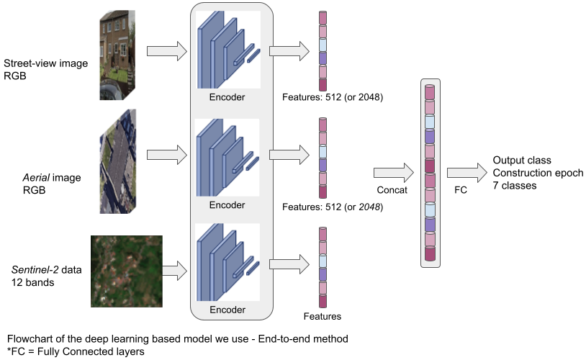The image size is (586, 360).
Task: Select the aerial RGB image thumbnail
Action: click(117, 161)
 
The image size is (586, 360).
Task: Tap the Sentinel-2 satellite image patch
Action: click(126, 271)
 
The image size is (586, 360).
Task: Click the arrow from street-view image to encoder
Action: click(166, 52)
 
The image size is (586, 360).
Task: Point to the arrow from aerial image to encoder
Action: click(166, 154)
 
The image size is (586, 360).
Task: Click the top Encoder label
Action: click(227, 96)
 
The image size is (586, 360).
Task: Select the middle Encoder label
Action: click(227, 204)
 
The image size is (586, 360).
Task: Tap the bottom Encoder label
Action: click(227, 310)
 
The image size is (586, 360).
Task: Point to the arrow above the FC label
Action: click(466, 173)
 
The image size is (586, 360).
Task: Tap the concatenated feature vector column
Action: click(430, 172)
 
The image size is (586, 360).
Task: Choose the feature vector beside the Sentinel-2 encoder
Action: click(323, 267)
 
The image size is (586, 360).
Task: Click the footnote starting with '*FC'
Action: click(75, 351)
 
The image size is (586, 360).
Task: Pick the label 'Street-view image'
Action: click(46, 63)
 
